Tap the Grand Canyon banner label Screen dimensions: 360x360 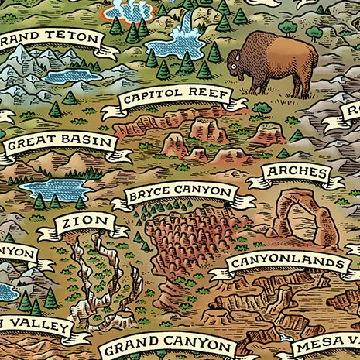point(168,346)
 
